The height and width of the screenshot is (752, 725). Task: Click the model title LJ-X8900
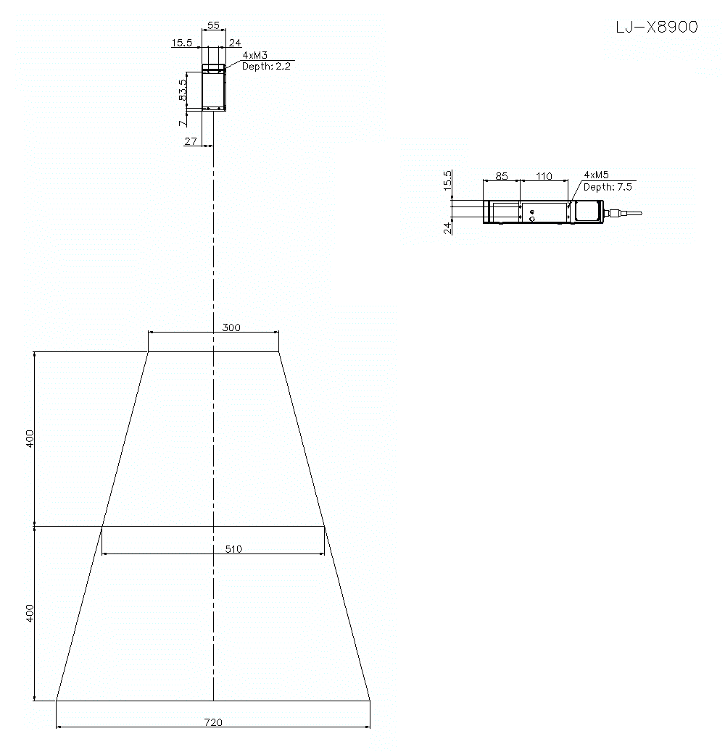[x=656, y=28]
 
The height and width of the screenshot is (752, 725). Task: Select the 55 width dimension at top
[x=213, y=25]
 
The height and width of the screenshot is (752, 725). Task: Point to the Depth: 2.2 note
[x=266, y=66]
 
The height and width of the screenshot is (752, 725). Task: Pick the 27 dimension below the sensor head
[x=191, y=141]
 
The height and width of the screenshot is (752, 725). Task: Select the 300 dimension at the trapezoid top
[x=231, y=327]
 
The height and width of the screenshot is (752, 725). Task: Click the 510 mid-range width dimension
[x=233, y=549]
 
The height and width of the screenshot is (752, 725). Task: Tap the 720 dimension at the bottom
[x=213, y=722]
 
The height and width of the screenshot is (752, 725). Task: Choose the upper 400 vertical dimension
[x=30, y=438]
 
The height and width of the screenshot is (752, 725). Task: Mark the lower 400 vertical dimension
[x=30, y=613]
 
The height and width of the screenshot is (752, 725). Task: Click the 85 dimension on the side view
[x=501, y=176]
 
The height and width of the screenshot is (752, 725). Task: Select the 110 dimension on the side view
[x=544, y=176]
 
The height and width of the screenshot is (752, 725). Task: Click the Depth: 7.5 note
[x=608, y=187]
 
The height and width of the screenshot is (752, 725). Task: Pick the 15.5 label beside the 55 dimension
[x=181, y=43]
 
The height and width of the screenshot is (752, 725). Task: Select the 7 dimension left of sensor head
[x=182, y=123]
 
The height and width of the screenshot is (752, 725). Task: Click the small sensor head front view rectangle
[x=214, y=88]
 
